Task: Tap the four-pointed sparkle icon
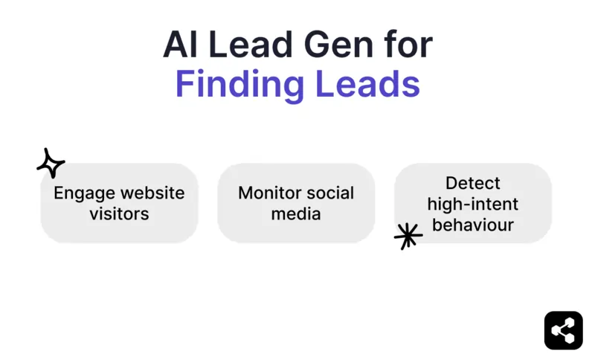coord(51,163)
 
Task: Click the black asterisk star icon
coord(408,236)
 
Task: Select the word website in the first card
coord(152,193)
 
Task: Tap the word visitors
coord(119,214)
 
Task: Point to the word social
coord(330,193)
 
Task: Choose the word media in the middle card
coord(296,214)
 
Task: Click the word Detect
coord(473,183)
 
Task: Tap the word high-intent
coord(473,204)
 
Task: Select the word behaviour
coord(473,225)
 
